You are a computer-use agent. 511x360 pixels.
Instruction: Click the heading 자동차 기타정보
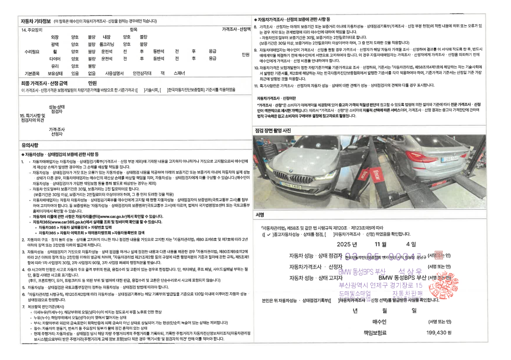[x=36, y=21]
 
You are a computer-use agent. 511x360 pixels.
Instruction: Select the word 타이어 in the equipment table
[x=55, y=59]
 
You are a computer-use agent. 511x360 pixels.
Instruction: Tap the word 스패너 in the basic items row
[x=179, y=73]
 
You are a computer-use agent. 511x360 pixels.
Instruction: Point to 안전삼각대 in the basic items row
[x=141, y=73]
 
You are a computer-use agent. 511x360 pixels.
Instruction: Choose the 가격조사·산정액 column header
[x=236, y=29]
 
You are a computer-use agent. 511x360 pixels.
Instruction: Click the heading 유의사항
[x=30, y=145]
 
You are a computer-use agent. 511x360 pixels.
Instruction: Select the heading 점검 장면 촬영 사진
[x=273, y=131]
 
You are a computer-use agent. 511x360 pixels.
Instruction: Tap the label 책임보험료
[x=375, y=333]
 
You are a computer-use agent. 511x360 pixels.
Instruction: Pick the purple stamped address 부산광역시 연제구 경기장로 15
[x=380, y=285]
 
